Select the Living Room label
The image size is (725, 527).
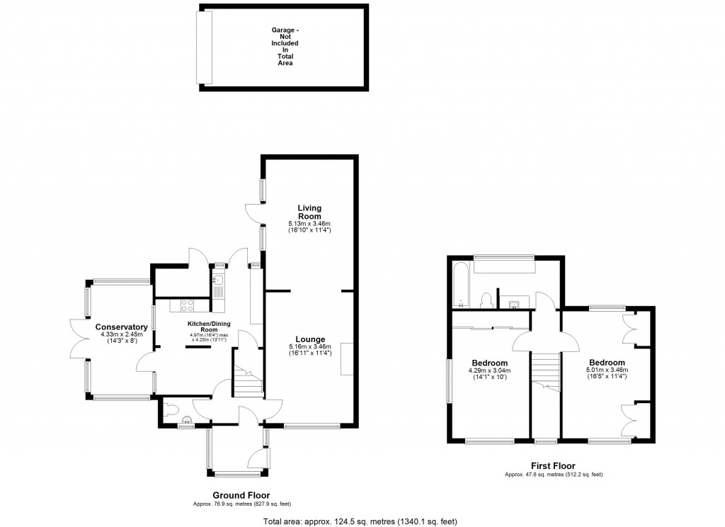[x=309, y=212]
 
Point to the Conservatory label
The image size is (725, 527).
[x=117, y=327]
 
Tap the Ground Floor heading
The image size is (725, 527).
[x=241, y=495]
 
